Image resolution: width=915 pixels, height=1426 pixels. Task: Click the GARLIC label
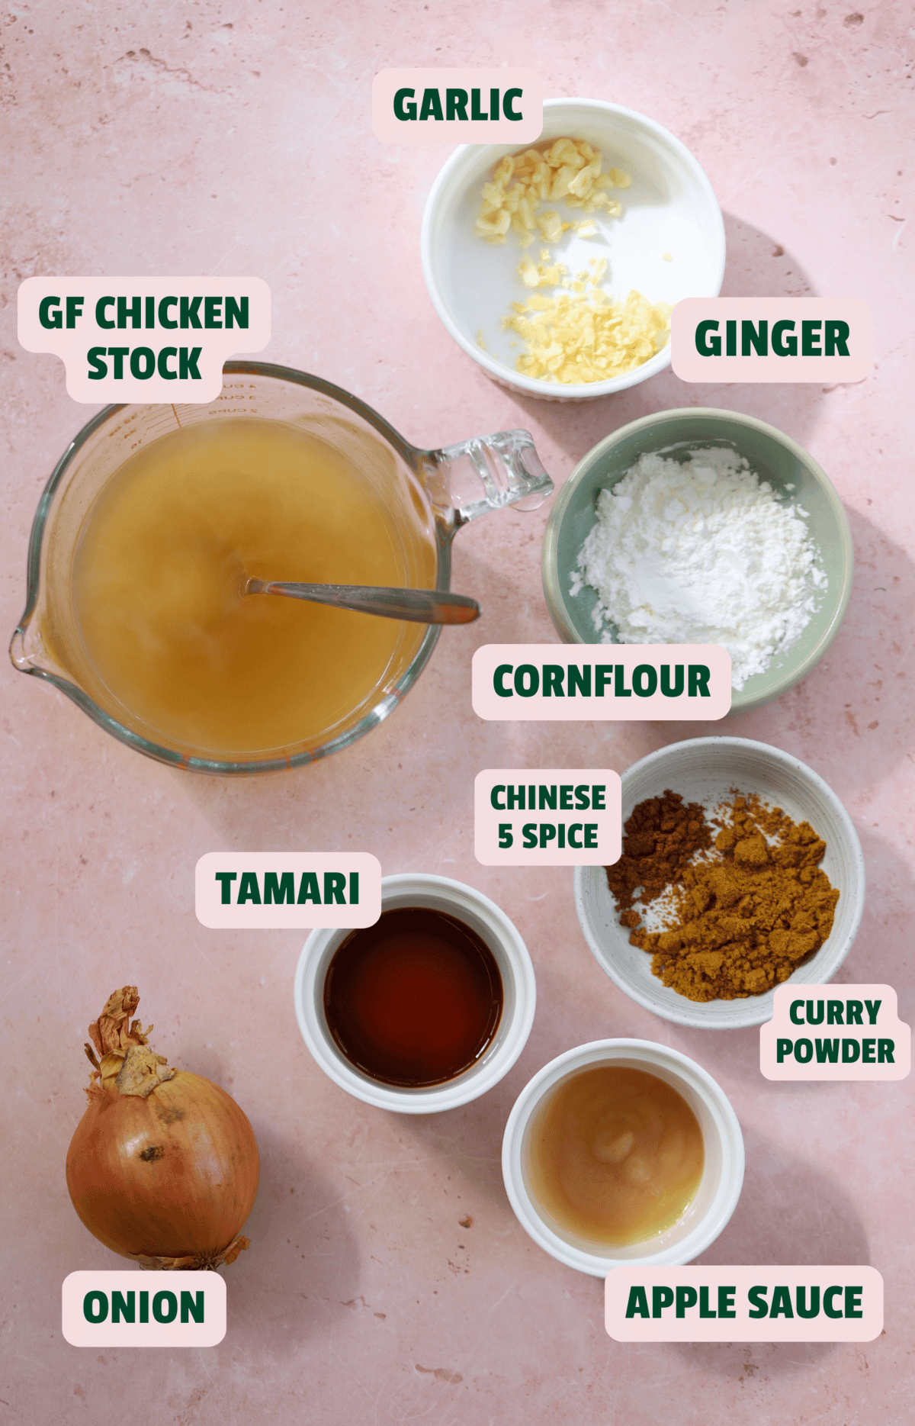click(x=457, y=105)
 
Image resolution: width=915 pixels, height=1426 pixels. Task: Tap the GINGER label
click(x=772, y=339)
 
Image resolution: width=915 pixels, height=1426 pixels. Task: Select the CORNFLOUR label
click(x=601, y=681)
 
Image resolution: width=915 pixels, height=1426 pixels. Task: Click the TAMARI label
click(x=287, y=890)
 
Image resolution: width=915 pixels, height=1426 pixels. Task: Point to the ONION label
click(x=143, y=1307)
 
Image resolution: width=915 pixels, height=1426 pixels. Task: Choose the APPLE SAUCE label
click(x=743, y=1302)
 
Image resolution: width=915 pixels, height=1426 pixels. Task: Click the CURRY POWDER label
click(x=835, y=1032)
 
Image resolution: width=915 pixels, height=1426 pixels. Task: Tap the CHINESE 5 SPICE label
click(x=547, y=817)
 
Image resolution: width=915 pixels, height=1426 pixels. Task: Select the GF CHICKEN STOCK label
click(x=144, y=338)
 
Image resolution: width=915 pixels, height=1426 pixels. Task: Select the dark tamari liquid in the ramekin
click(x=414, y=996)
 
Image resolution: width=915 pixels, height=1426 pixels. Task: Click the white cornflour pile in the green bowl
click(x=698, y=549)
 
